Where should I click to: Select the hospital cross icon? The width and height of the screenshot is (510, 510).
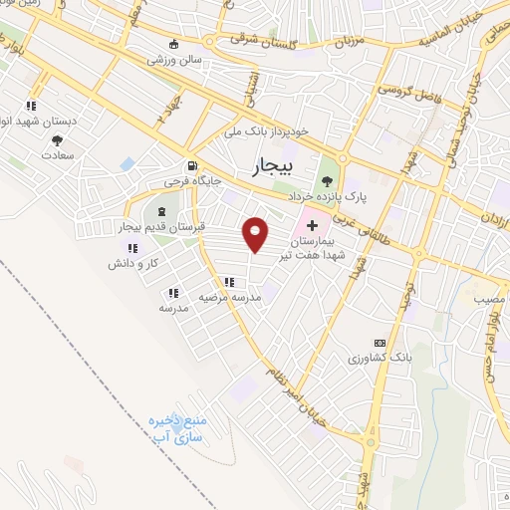[x=312, y=226]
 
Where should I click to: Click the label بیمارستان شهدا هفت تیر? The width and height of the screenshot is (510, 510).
[x=320, y=248]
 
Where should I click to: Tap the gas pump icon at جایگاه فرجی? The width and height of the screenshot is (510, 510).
[x=191, y=166]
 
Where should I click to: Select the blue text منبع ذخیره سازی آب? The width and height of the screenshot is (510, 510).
[x=175, y=429]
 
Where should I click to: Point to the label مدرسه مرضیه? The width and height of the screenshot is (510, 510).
[x=228, y=297]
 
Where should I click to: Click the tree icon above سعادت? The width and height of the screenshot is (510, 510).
[x=57, y=140]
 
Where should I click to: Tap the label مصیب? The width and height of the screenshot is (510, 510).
[x=489, y=297]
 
